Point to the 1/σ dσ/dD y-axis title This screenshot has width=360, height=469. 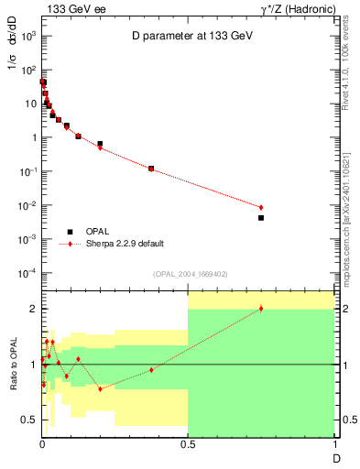point(13,55)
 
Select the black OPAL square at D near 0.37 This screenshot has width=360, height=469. point(151,169)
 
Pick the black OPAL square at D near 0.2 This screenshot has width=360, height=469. point(100,144)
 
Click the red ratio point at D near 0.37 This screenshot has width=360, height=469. point(151,370)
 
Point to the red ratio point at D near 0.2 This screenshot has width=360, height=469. point(100,389)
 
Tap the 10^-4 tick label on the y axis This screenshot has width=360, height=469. point(28,274)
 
